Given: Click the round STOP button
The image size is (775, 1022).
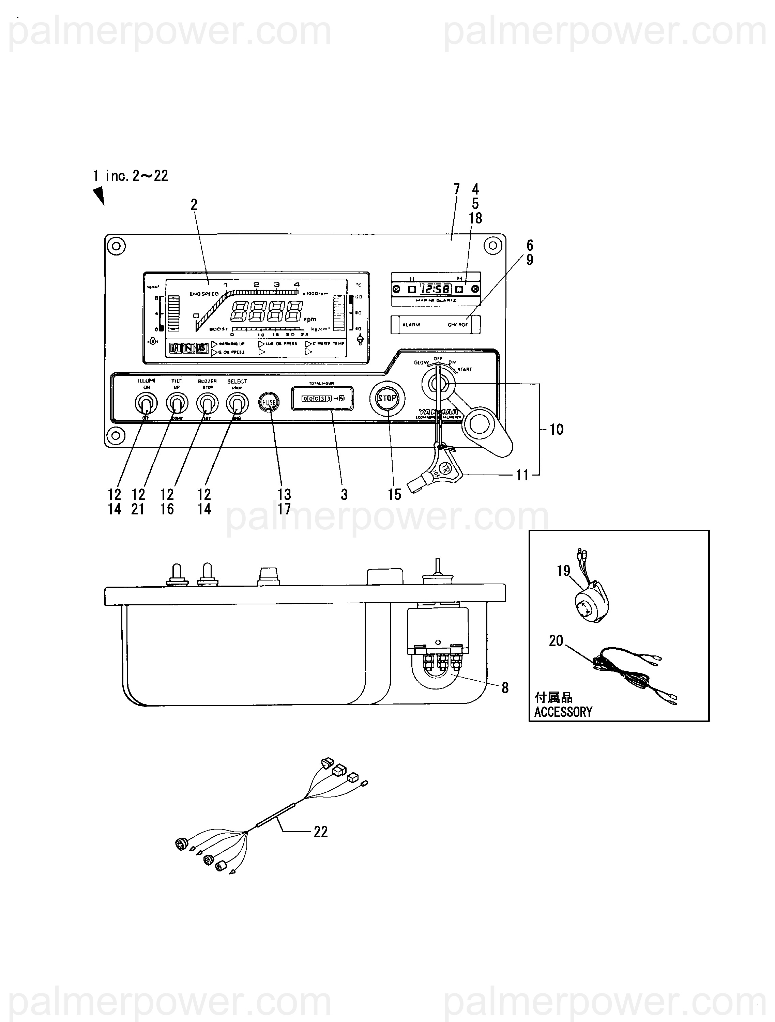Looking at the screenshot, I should coord(387,398).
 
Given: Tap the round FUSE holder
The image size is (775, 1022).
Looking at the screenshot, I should coord(269,402).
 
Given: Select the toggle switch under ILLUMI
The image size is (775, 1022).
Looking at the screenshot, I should coord(146,403).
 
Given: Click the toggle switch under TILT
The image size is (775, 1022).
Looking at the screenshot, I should coord(177,403).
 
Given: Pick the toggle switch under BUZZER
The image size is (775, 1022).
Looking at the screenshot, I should coord(207,403).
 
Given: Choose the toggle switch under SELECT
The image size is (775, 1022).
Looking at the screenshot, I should coord(237,403).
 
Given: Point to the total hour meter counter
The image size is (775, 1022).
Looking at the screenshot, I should coord(322,398).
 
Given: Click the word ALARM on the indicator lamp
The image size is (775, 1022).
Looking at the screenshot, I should coord(411,325).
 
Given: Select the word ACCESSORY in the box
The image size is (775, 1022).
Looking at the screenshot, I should coord(563,712).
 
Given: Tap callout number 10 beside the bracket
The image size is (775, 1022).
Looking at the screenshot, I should coord(557,430).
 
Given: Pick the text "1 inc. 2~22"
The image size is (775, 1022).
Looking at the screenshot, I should coord(130,175).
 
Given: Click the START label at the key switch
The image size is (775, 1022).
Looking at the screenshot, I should coord(465,370).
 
